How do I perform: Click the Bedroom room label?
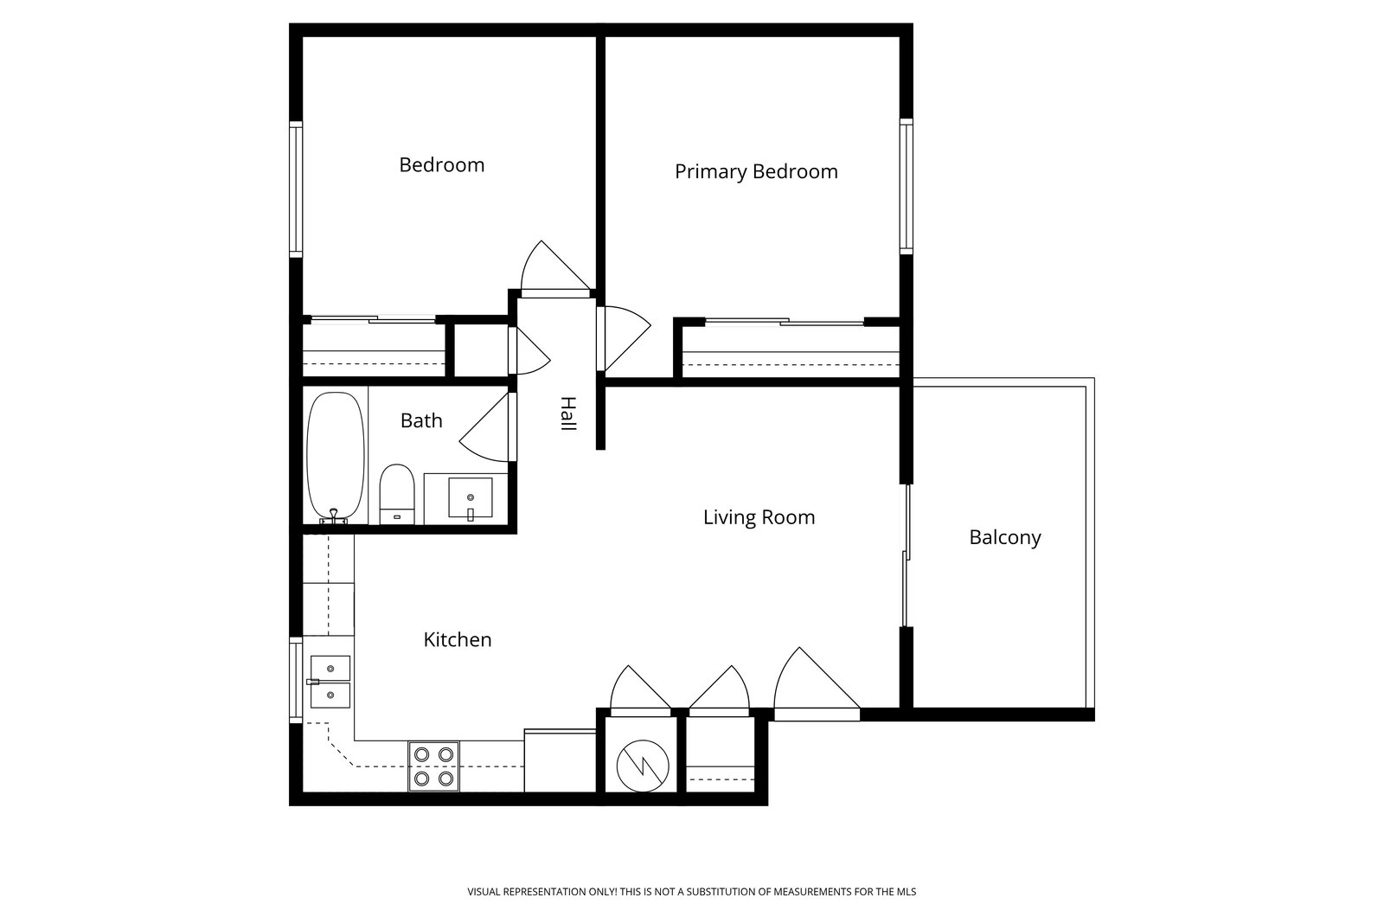click(442, 165)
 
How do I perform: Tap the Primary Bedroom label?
click(756, 171)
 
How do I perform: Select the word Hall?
click(567, 413)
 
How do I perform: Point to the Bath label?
click(421, 420)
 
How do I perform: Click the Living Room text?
click(759, 517)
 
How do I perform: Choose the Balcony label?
click(1004, 537)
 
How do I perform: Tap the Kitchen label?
click(458, 639)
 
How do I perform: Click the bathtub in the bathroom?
click(336, 458)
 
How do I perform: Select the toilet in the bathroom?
click(397, 494)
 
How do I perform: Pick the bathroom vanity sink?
click(471, 497)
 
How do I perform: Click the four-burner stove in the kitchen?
click(433, 766)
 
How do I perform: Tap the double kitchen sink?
click(330, 682)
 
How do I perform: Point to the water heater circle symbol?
click(643, 766)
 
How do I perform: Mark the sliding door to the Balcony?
click(907, 555)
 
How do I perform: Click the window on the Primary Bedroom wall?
click(907, 186)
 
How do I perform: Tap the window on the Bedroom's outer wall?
click(296, 189)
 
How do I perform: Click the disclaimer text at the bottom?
click(691, 892)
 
